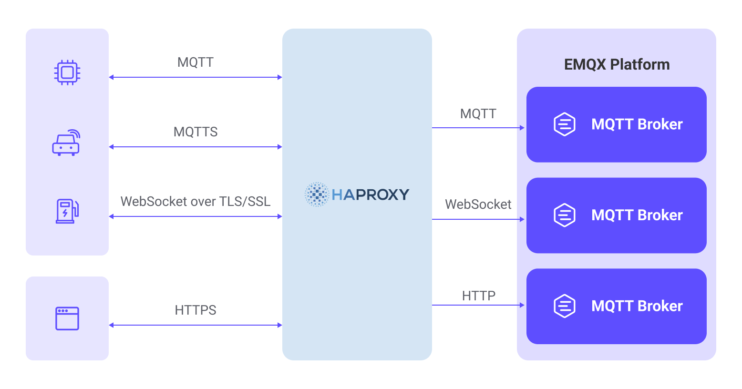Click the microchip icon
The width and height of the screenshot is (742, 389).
pos(67,72)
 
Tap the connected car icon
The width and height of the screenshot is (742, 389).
pos(66,143)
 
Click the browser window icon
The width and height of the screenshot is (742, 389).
pos(67,318)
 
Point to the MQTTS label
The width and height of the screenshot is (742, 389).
pos(196,132)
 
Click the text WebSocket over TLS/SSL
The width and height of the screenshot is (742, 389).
pos(196,202)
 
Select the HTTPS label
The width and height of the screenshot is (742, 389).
pos(196,310)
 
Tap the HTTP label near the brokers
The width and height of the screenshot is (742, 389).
pos(479,296)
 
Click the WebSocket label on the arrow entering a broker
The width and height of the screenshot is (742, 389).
pos(478,205)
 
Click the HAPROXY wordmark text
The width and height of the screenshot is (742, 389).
pos(371,194)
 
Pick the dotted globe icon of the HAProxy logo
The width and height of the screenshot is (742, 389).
pos(317,194)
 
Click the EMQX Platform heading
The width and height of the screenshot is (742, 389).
pos(617,64)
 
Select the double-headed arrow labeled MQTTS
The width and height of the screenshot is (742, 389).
pos(196,147)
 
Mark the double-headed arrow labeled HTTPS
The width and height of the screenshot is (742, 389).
pos(196,325)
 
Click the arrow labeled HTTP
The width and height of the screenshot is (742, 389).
pos(478,305)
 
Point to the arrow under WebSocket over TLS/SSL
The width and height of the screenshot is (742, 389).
pos(196,216)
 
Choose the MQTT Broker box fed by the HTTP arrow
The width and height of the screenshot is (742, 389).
pos(616,306)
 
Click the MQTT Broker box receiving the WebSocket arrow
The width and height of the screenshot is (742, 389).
pos(616,215)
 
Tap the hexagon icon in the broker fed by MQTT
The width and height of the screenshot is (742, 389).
pos(565,124)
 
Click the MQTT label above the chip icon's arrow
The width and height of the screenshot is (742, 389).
pos(196,62)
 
